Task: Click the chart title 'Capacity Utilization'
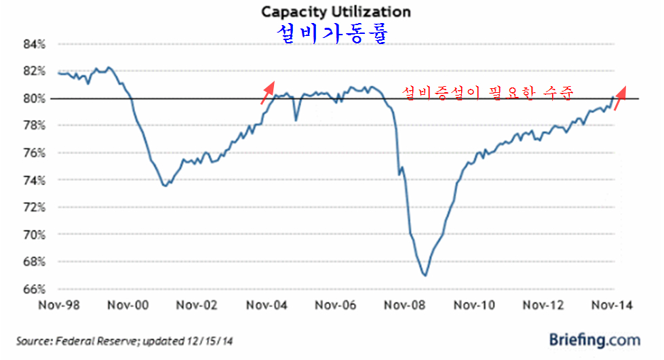click(x=336, y=12)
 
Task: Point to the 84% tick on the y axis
click(x=35, y=44)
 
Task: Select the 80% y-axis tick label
click(x=35, y=98)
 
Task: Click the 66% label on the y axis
click(x=35, y=289)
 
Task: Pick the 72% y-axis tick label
click(x=35, y=207)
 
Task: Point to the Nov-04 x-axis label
click(x=267, y=306)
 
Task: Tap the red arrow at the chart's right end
click(x=621, y=97)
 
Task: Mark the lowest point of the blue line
click(x=425, y=275)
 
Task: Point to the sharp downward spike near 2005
click(x=296, y=120)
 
